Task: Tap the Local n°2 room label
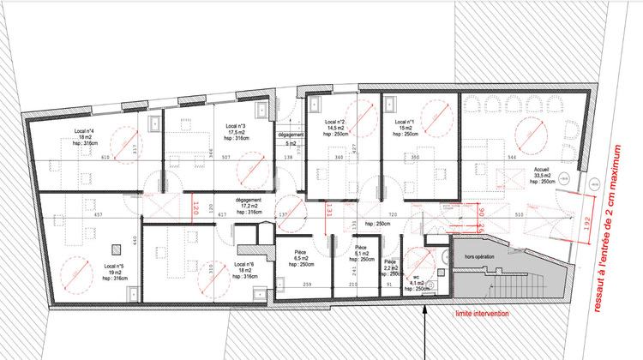click(x=334, y=123)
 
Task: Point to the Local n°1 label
click(x=406, y=123)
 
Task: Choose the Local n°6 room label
click(x=243, y=265)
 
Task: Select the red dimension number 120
click(x=195, y=207)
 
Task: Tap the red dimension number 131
click(x=327, y=207)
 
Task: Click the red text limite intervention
click(x=483, y=314)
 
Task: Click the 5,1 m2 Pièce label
click(x=361, y=252)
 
